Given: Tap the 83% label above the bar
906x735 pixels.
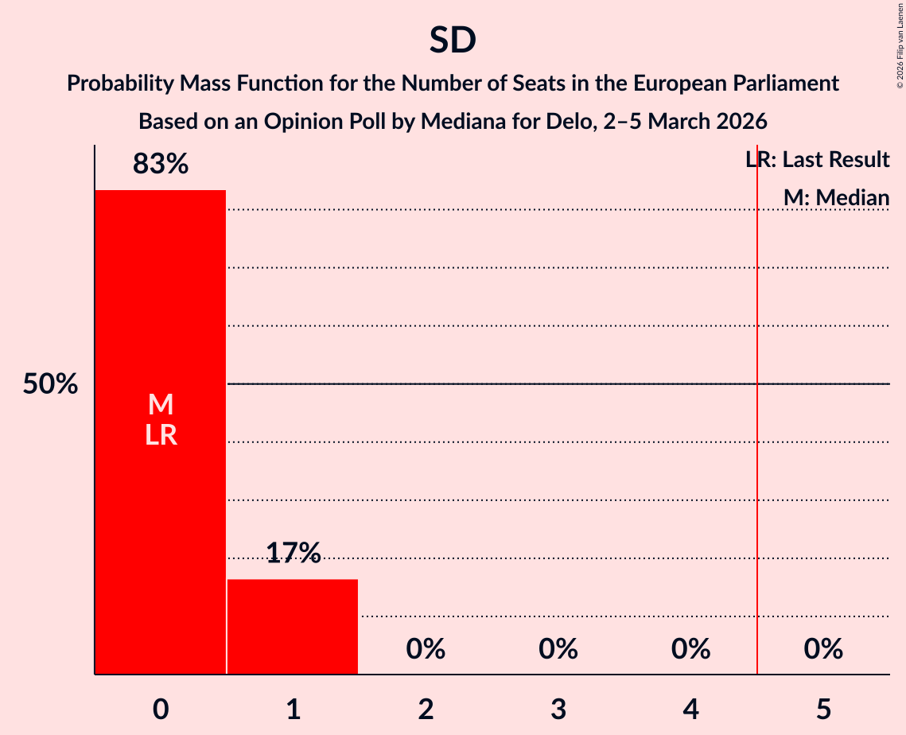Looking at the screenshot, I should click(161, 165).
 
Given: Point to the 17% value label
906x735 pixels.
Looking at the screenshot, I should click(293, 553).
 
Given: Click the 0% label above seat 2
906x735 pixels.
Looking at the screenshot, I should click(426, 649).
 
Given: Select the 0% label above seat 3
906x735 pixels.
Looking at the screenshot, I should click(558, 649).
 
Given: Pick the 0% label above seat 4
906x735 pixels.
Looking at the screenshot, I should click(690, 649).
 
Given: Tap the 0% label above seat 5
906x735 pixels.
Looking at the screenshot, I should click(823, 649).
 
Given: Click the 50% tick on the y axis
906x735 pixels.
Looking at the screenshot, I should click(50, 384).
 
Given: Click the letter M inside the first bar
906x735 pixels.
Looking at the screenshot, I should click(161, 405).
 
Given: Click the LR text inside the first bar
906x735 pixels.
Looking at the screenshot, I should click(161, 435).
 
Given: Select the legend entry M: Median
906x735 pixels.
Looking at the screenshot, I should click(836, 197).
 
